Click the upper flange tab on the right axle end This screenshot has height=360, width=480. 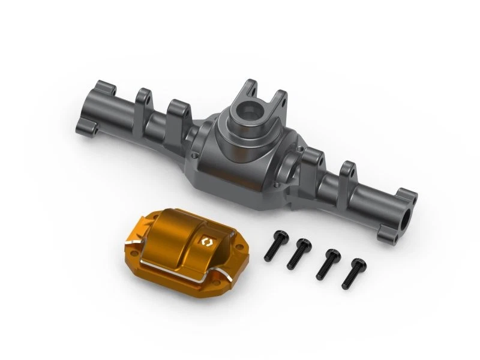[x=407, y=196]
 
